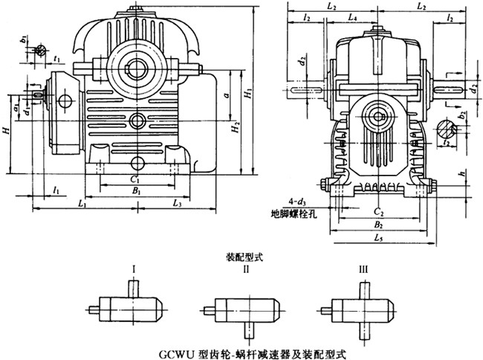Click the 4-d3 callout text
coord(287,200)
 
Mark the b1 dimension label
coord(24,39)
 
